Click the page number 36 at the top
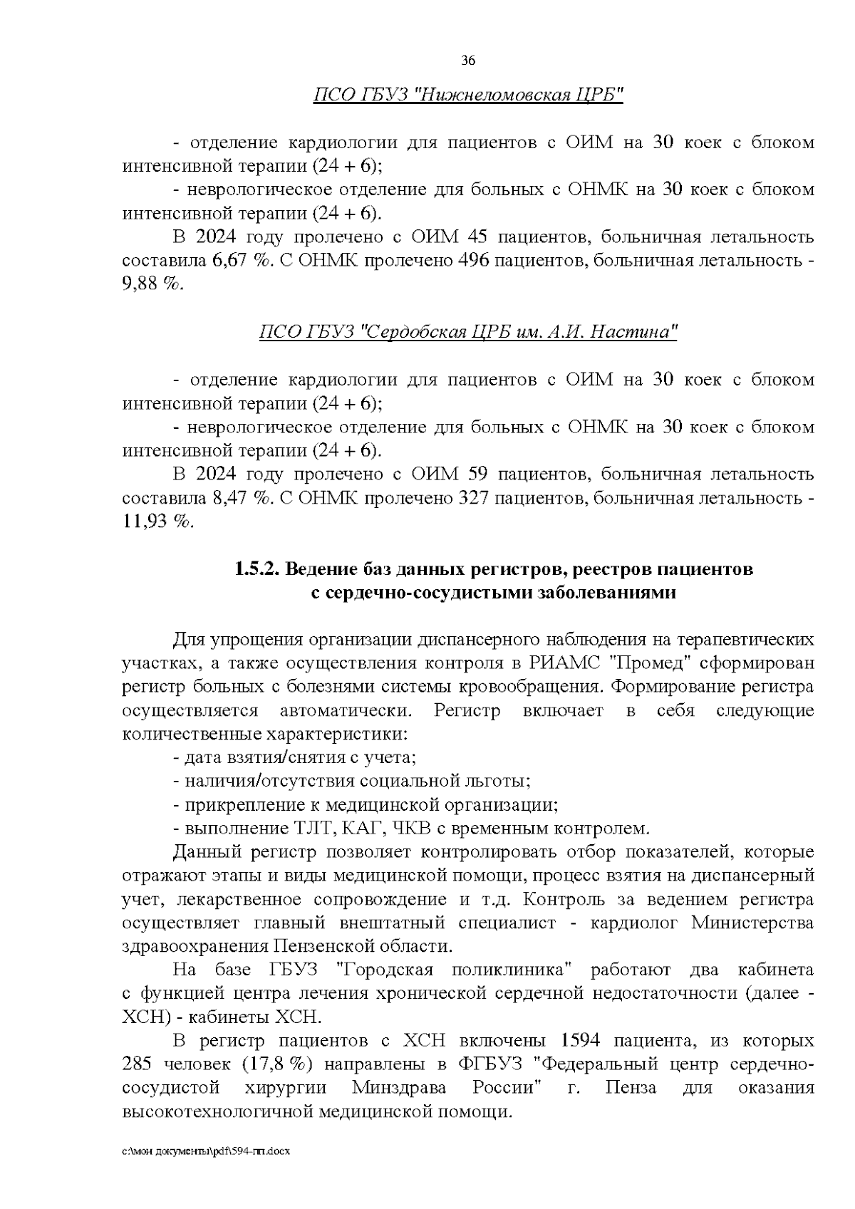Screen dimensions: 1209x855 pyautogui.click(x=468, y=61)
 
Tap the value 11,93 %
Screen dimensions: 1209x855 pyautogui.click(x=158, y=521)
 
